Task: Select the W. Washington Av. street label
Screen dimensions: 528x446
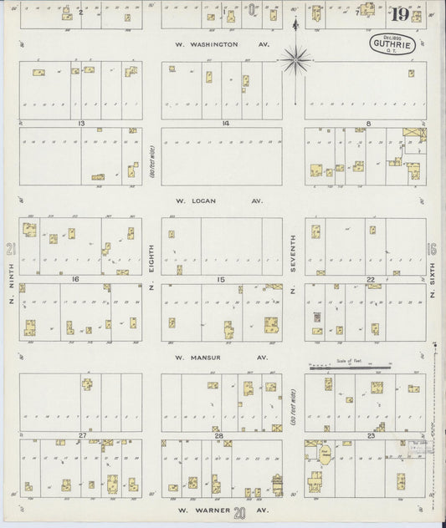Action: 218,43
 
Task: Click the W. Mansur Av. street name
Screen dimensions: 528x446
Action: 221,357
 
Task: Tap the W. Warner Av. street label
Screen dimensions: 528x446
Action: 221,509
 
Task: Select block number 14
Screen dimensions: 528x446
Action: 225,124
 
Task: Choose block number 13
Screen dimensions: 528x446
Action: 82,124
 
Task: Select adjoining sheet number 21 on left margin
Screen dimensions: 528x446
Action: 10,248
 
